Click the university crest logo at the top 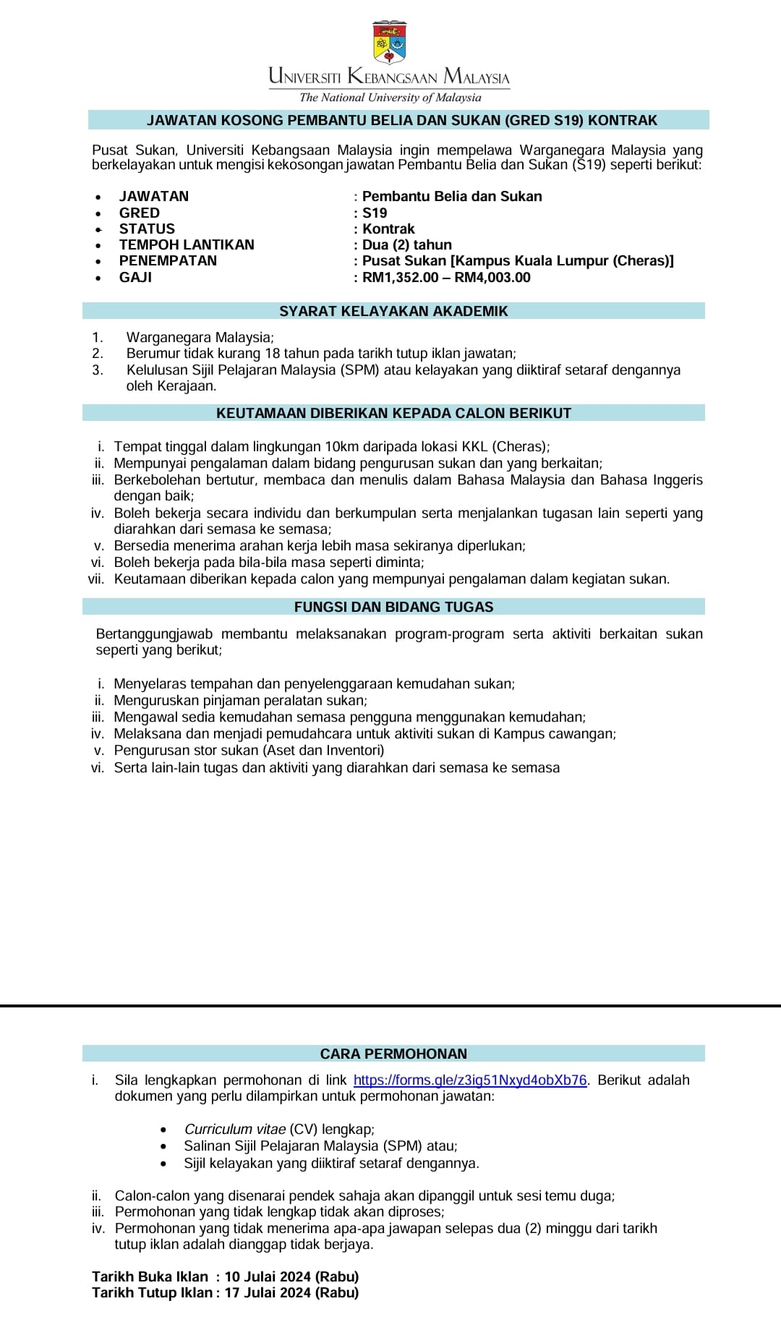[x=389, y=43]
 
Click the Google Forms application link [x=470, y=1080]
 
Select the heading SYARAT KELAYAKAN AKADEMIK [x=393, y=311]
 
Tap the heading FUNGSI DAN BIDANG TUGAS [x=393, y=607]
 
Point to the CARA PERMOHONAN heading [x=393, y=1054]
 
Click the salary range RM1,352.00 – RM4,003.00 [x=446, y=277]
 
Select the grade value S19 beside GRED [x=375, y=213]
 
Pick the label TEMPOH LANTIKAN [x=187, y=244]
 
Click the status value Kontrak [x=388, y=229]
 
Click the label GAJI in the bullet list [x=135, y=277]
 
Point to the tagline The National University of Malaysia [x=390, y=98]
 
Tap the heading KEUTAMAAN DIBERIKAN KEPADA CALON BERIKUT [x=393, y=413]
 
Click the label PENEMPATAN [x=168, y=260]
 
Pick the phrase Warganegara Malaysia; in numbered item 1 [x=200, y=337]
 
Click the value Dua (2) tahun [x=407, y=244]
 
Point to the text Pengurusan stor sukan [x=187, y=750]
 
